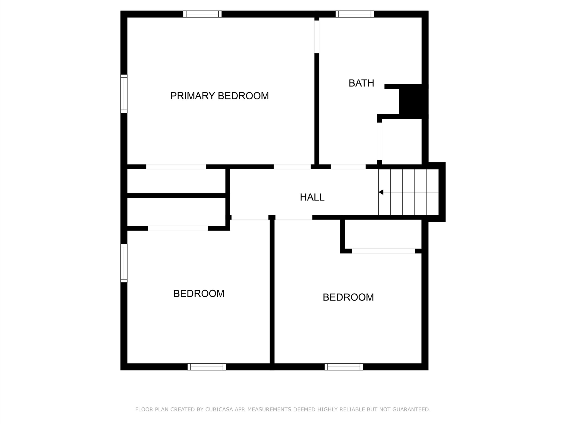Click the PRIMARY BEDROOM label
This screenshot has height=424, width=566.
click(x=220, y=96)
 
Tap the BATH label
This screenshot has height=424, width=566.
click(x=361, y=83)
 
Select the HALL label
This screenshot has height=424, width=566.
click(x=312, y=197)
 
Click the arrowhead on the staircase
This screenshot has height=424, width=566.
click(x=381, y=192)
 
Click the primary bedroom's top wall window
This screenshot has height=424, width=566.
click(x=202, y=14)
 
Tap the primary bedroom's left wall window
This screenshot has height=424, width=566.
click(x=124, y=94)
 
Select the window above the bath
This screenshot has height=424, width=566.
click(x=355, y=14)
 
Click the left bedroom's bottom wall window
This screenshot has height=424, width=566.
click(x=207, y=367)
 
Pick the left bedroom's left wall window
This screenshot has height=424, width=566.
click(x=124, y=263)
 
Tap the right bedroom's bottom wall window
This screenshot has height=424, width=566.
click(x=344, y=367)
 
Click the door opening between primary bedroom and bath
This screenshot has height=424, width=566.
click(x=317, y=37)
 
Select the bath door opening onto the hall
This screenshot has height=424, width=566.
click(x=348, y=167)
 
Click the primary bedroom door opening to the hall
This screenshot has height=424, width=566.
click(x=292, y=167)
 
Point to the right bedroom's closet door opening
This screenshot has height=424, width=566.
click(x=383, y=251)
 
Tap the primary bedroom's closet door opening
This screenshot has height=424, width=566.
click(x=176, y=167)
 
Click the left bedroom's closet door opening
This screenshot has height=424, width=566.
click(x=178, y=228)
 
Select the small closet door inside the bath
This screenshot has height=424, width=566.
click(x=379, y=141)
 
